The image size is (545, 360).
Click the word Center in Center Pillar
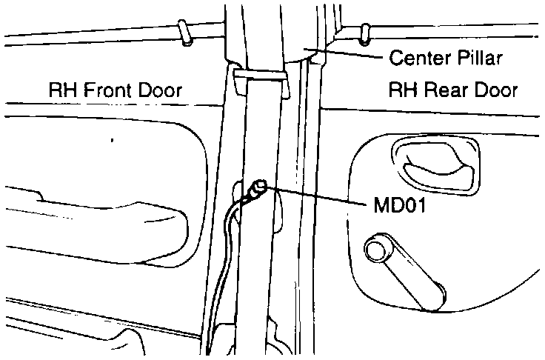(x=416, y=57)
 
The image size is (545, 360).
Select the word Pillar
(x=482, y=57)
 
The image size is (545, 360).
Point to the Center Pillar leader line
(x=348, y=54)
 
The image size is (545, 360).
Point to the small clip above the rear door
(x=364, y=32)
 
